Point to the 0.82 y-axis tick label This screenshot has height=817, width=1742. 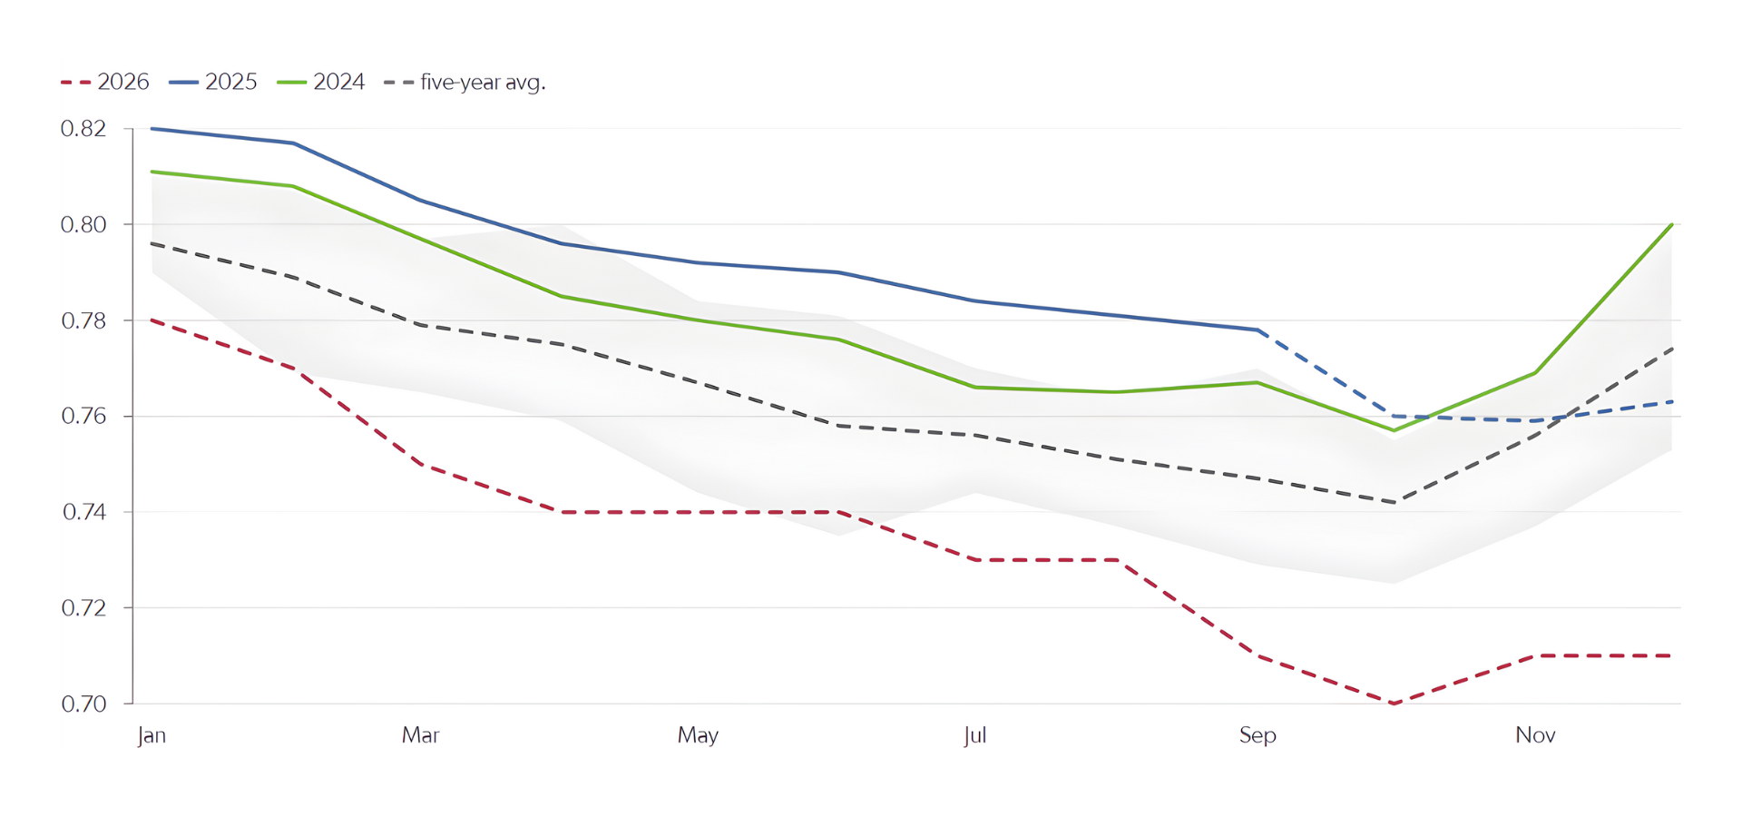pyautogui.click(x=83, y=129)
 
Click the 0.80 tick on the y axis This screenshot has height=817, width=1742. pyautogui.click(x=83, y=224)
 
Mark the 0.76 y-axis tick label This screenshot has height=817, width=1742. pyautogui.click(x=83, y=416)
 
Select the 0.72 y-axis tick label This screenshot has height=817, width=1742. pyautogui.click(x=83, y=607)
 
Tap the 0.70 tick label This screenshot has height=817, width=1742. pyautogui.click(x=83, y=704)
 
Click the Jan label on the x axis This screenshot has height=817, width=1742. pyautogui.click(x=152, y=734)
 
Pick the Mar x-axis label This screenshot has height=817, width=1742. pyautogui.click(x=420, y=734)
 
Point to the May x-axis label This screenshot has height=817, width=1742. pyautogui.click(x=698, y=734)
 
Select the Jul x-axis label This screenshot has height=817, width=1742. pyautogui.click(x=975, y=734)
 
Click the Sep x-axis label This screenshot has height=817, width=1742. pyautogui.click(x=1258, y=734)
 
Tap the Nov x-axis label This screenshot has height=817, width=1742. pyautogui.click(x=1535, y=734)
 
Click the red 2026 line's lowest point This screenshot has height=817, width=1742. pyautogui.click(x=1394, y=704)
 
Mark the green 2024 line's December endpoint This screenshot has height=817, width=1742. pyautogui.click(x=1671, y=224)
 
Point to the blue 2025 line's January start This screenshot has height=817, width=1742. pyautogui.click(x=152, y=129)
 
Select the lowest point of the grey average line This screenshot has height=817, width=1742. pyautogui.click(x=1395, y=502)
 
